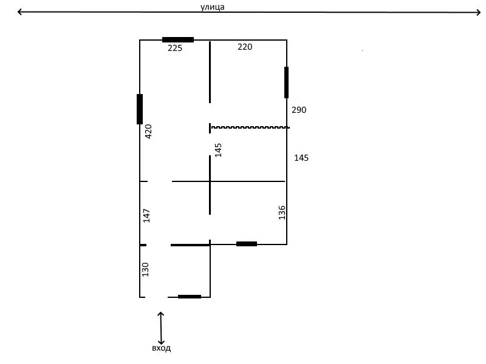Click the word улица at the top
click(x=212, y=7)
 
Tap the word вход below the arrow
click(x=161, y=348)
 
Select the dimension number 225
click(x=175, y=48)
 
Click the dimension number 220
click(x=245, y=47)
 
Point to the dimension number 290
click(x=299, y=110)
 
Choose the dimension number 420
click(x=148, y=132)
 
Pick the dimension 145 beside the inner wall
click(x=218, y=150)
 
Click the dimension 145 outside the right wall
click(x=301, y=158)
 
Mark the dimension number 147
click(x=146, y=216)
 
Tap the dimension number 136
click(x=282, y=213)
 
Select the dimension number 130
click(x=145, y=269)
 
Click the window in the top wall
click(x=178, y=39)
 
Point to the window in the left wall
click(x=140, y=109)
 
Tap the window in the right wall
click(x=286, y=83)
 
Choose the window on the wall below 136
click(x=247, y=244)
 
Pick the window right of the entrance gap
click(x=190, y=297)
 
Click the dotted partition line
click(x=250, y=127)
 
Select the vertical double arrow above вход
click(x=160, y=328)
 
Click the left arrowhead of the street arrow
click(x=19, y=12)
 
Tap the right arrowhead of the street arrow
click(x=478, y=12)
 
